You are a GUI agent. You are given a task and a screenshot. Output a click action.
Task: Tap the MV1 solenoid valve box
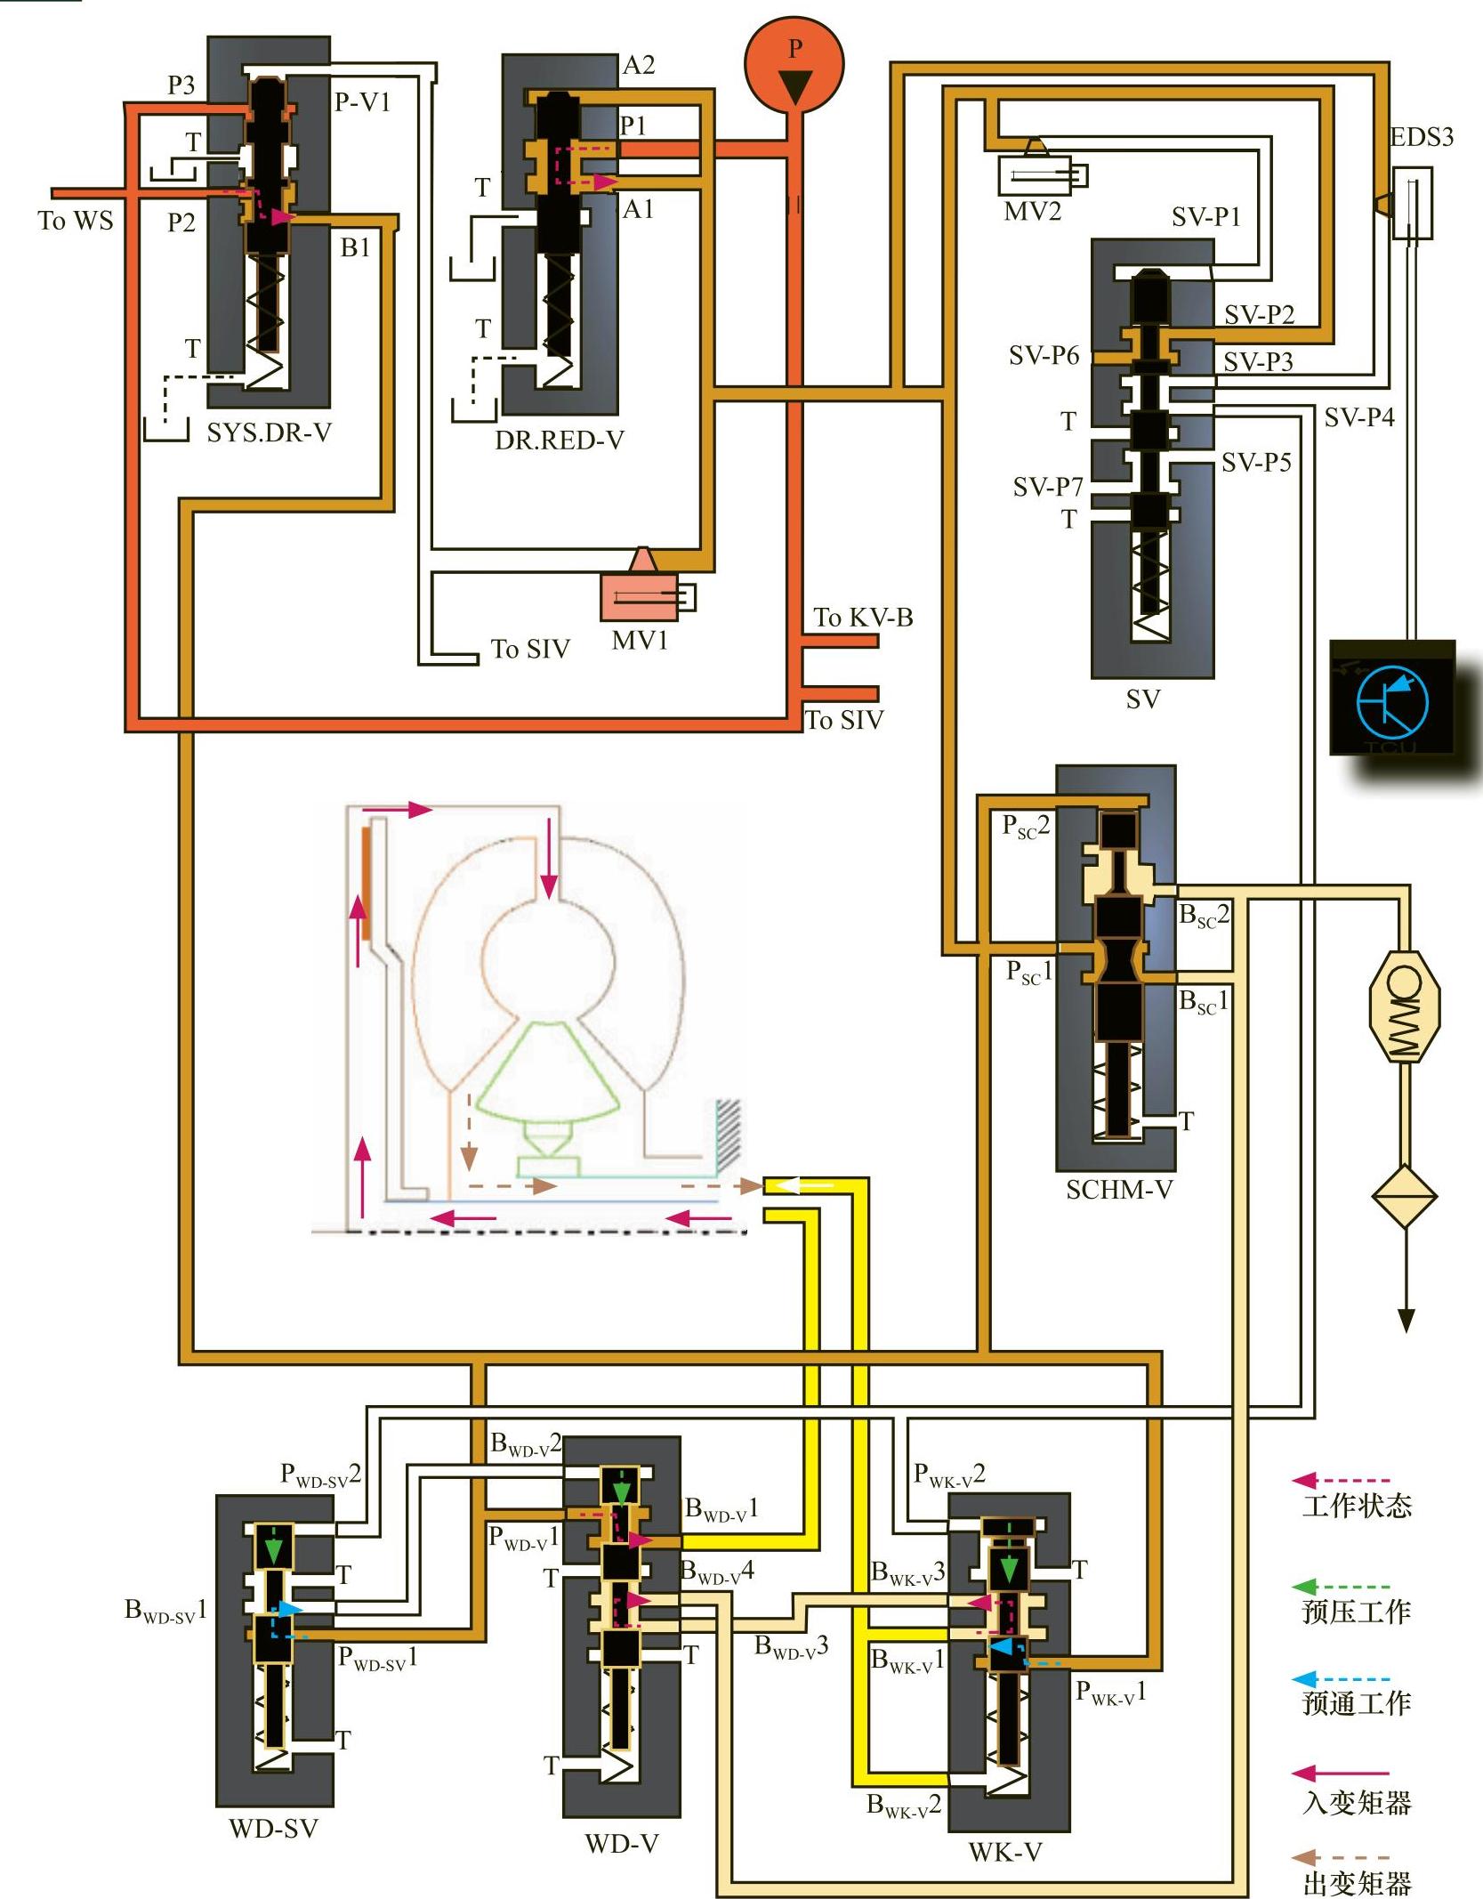(x=639, y=597)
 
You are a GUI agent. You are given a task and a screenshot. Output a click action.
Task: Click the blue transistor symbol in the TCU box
(x=1392, y=701)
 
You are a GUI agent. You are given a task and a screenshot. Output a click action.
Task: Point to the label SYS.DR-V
(x=269, y=433)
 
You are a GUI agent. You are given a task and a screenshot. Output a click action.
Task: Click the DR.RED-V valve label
(x=560, y=440)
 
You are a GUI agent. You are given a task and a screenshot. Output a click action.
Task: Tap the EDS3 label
(x=1421, y=137)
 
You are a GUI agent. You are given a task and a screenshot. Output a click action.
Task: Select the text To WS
(x=76, y=221)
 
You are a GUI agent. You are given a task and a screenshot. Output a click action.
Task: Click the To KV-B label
(x=863, y=618)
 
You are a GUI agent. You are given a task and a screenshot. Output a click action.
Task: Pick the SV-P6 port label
(x=1044, y=356)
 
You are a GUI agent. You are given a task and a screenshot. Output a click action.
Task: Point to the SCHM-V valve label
(x=1119, y=1189)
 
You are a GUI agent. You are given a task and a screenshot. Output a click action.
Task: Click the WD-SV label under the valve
(x=273, y=1828)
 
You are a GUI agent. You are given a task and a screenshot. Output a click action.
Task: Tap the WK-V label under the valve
(x=1004, y=1852)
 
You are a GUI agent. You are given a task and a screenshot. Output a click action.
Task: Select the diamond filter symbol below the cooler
(x=1405, y=1196)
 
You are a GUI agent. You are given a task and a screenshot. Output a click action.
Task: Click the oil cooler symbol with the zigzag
(x=1405, y=1006)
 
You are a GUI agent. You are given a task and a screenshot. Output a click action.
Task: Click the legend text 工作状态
(x=1357, y=1506)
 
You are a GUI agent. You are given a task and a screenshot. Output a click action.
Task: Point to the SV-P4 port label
(x=1358, y=417)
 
